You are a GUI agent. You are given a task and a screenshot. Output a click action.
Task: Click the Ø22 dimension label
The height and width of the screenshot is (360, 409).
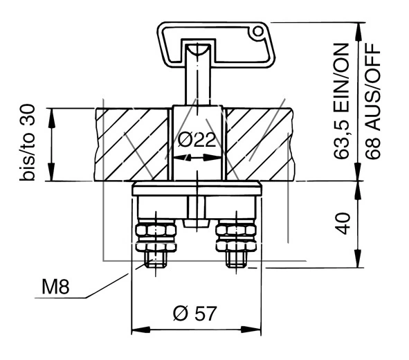pos(196,141)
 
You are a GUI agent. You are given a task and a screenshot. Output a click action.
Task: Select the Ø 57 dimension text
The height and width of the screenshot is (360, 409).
pos(194,313)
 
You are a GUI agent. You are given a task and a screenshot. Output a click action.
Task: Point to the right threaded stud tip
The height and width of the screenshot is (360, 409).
pos(237,262)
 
